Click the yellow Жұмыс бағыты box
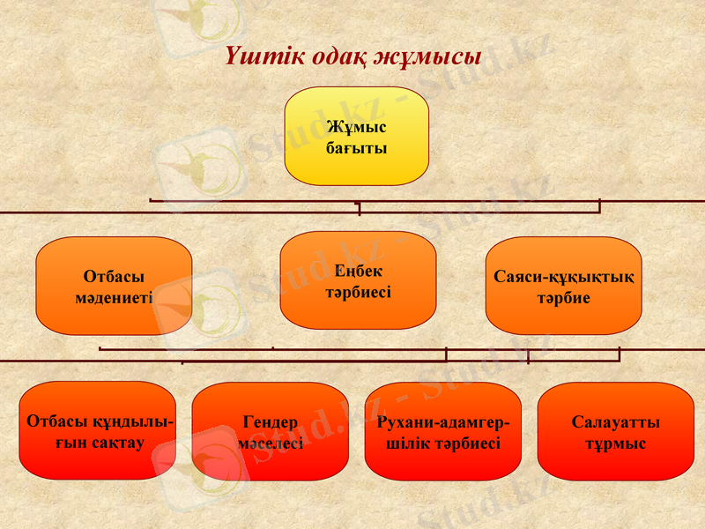click(x=356, y=136)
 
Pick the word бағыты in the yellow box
click(x=356, y=147)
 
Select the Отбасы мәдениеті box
click(x=114, y=286)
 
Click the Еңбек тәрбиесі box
click(x=358, y=280)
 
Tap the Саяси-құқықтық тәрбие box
click(x=563, y=286)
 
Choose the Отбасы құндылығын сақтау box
click(x=97, y=431)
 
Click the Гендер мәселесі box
click(x=270, y=431)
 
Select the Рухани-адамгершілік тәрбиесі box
click(x=442, y=431)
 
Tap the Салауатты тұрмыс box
click(x=615, y=431)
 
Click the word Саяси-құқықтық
click(x=563, y=278)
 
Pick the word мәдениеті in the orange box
click(x=114, y=297)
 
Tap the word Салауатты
click(x=615, y=422)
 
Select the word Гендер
click(x=270, y=422)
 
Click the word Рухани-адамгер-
click(x=442, y=422)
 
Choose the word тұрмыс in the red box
click(x=615, y=443)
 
